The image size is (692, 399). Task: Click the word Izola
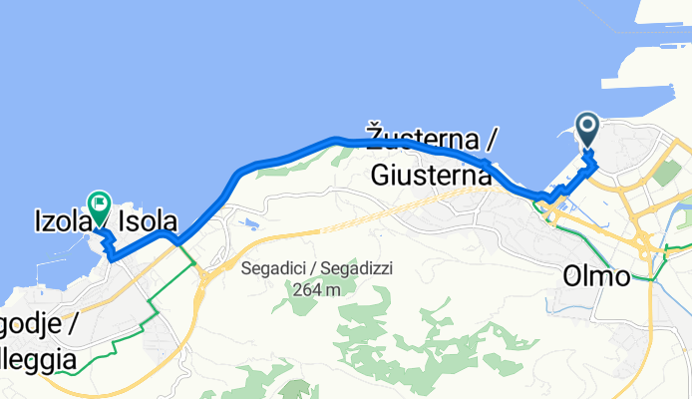point(59,222)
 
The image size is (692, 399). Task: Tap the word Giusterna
point(432,175)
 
